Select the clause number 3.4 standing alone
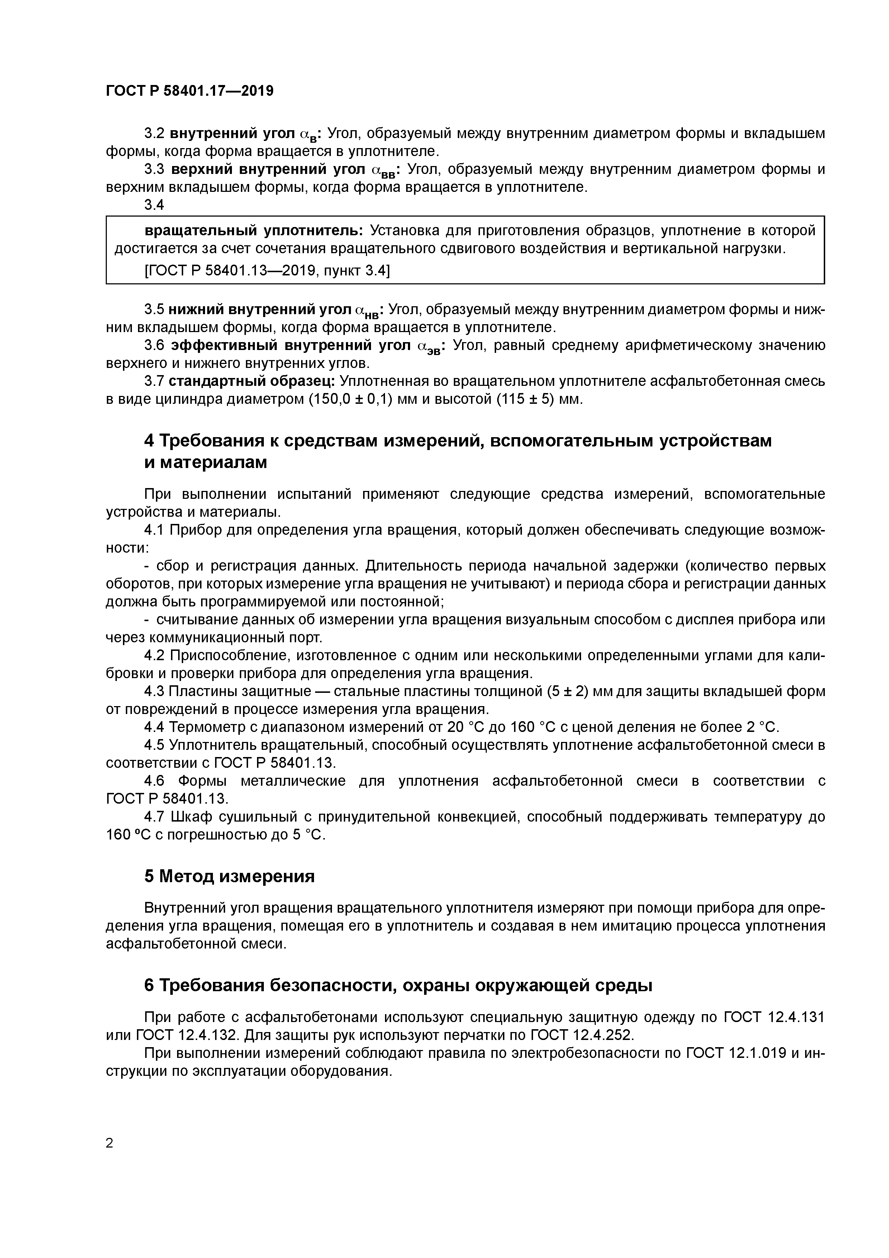(x=154, y=205)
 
